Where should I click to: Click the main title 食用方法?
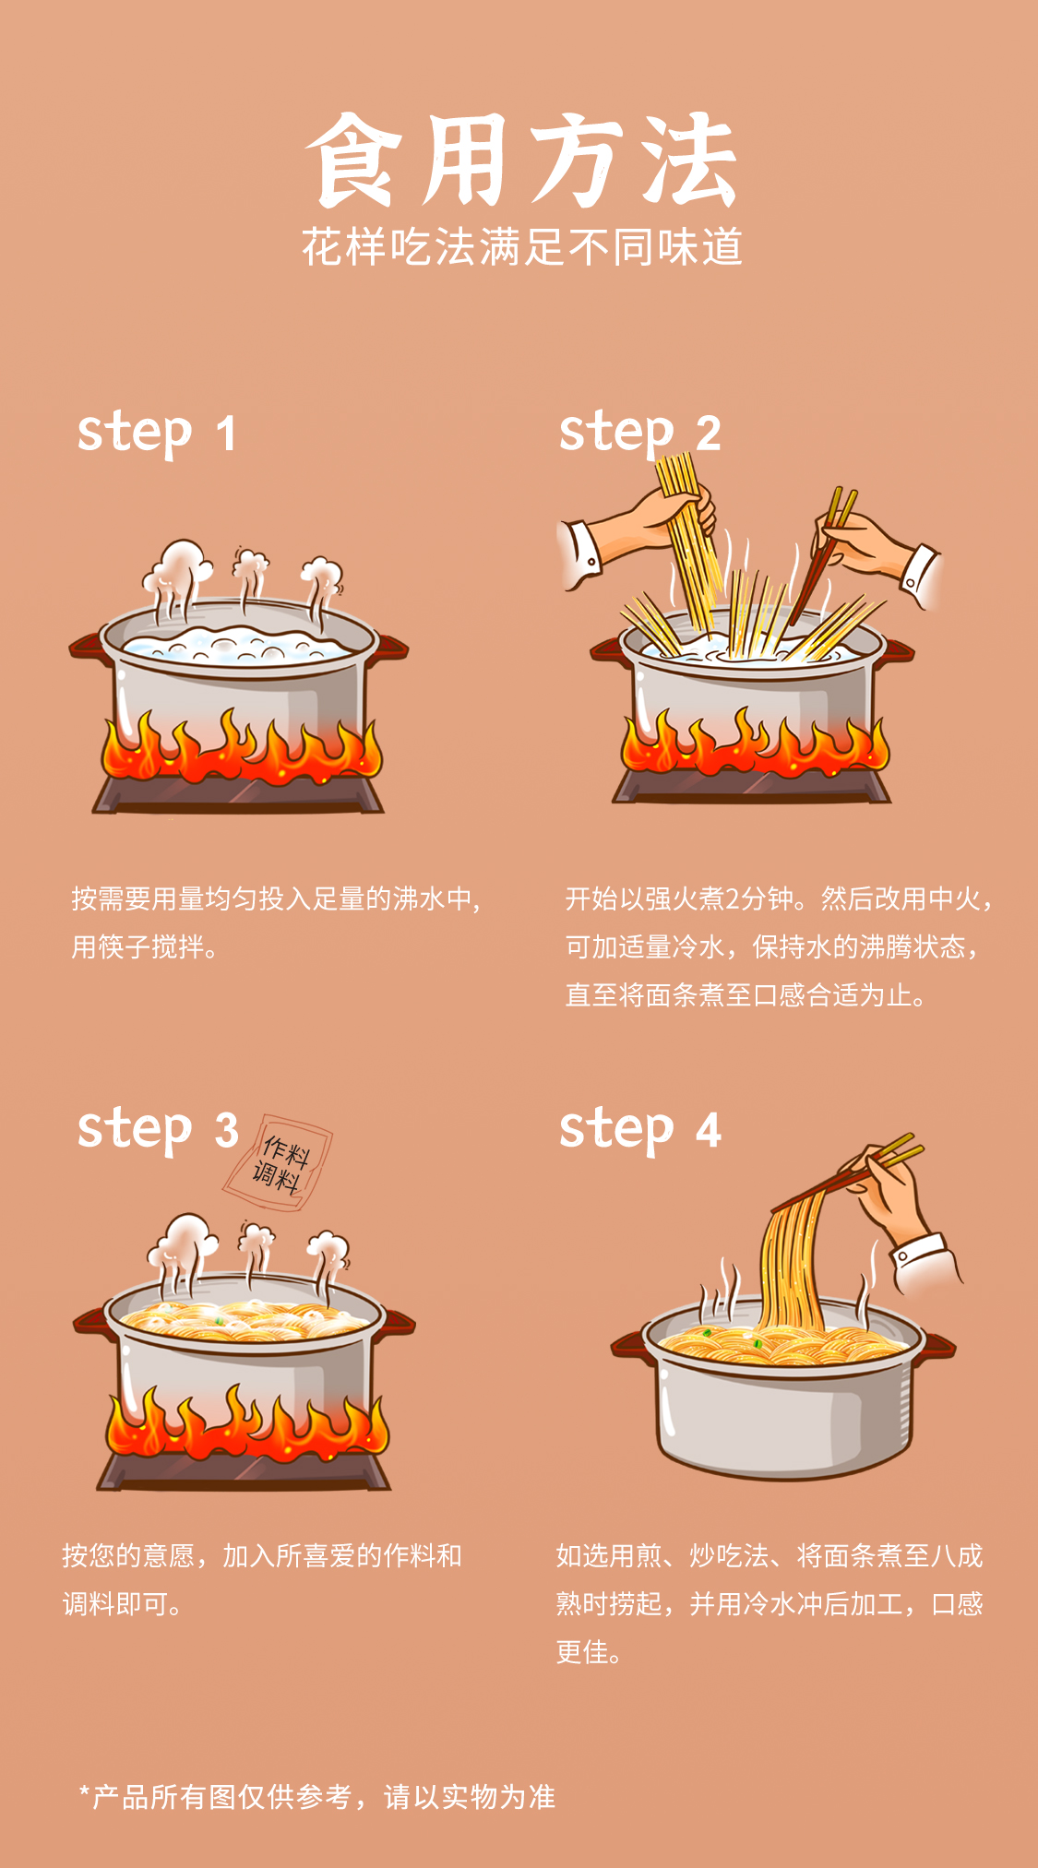coord(522,161)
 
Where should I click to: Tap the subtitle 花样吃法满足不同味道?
coord(522,247)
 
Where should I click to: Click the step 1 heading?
coord(157,433)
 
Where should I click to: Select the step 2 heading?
coord(639,433)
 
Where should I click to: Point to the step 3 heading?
coord(158,1129)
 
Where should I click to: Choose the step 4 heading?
coord(640,1129)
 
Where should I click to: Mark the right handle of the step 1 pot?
coord(391,647)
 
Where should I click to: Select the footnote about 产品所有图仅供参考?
coord(317,1797)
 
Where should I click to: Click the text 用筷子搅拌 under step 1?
coord(146,947)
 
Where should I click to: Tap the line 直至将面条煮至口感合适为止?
coord(746,995)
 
